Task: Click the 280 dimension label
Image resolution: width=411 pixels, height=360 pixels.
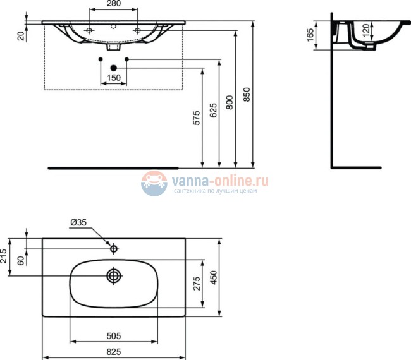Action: [113, 6]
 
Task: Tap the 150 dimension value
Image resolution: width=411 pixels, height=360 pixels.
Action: [113, 77]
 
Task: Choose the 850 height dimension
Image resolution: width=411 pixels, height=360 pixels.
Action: [247, 95]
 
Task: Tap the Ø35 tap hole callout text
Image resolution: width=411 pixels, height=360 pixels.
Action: [79, 222]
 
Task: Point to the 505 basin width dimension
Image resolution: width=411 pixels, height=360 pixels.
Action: [114, 335]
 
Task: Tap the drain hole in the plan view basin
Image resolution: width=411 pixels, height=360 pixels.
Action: [114, 275]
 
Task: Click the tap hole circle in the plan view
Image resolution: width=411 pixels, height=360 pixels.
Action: [114, 248]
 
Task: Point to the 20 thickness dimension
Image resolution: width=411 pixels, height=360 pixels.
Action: [21, 35]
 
